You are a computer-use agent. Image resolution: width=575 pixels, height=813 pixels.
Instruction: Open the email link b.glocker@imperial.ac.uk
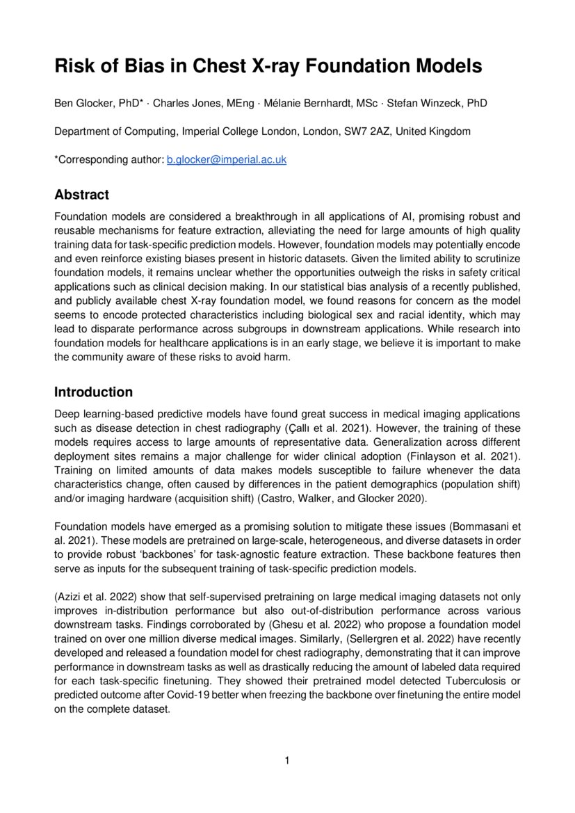pyautogui.click(x=227, y=159)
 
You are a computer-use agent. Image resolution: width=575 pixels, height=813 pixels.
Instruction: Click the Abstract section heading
pyautogui.click(x=81, y=195)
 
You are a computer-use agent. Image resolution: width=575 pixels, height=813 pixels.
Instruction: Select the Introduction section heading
pyautogui.click(x=93, y=392)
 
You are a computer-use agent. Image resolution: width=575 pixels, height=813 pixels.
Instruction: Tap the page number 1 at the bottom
pyautogui.click(x=286, y=760)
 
